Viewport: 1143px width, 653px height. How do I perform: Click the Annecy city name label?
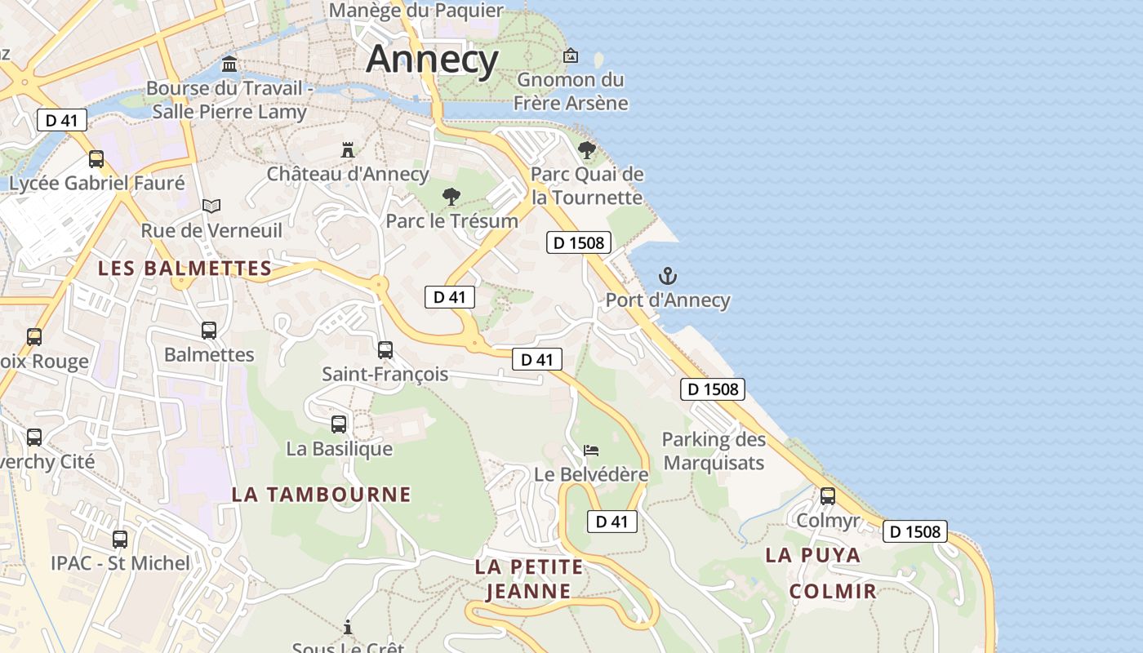coord(432,59)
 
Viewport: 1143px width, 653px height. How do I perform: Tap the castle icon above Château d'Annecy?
coord(348,150)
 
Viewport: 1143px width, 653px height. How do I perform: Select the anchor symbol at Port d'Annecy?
coord(668,276)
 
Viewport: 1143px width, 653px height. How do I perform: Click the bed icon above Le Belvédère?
coord(591,450)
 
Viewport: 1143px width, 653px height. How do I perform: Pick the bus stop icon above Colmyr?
coord(828,496)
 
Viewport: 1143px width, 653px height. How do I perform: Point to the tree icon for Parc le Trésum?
coord(451,197)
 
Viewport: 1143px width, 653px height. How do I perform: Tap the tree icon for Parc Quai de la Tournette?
coord(586,150)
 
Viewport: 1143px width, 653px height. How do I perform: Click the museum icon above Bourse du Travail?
coord(229,64)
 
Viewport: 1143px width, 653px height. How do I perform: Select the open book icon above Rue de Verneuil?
coord(211,206)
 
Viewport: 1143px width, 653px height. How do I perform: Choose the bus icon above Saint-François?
coord(385,350)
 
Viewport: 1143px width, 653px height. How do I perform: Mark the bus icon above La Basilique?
coord(339,424)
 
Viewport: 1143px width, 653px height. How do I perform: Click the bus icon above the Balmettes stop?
coord(209,331)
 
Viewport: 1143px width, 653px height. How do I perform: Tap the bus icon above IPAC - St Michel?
coord(120,540)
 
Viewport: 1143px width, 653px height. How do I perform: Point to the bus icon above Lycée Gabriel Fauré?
coord(96,159)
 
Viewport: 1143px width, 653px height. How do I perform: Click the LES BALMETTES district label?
coord(185,268)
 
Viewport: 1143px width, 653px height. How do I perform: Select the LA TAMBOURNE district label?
coord(321,494)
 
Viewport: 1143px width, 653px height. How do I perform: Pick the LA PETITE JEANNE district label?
coord(529,579)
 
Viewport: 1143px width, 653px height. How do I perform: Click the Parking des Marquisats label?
coord(714,451)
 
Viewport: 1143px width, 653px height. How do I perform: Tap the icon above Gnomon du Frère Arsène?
coord(571,56)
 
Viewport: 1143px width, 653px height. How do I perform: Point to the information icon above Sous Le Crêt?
coord(348,627)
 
